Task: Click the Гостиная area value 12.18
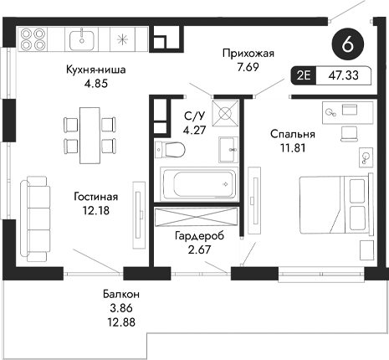tap(95, 210)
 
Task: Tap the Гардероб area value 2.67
tap(197, 250)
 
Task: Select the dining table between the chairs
tap(84, 132)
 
